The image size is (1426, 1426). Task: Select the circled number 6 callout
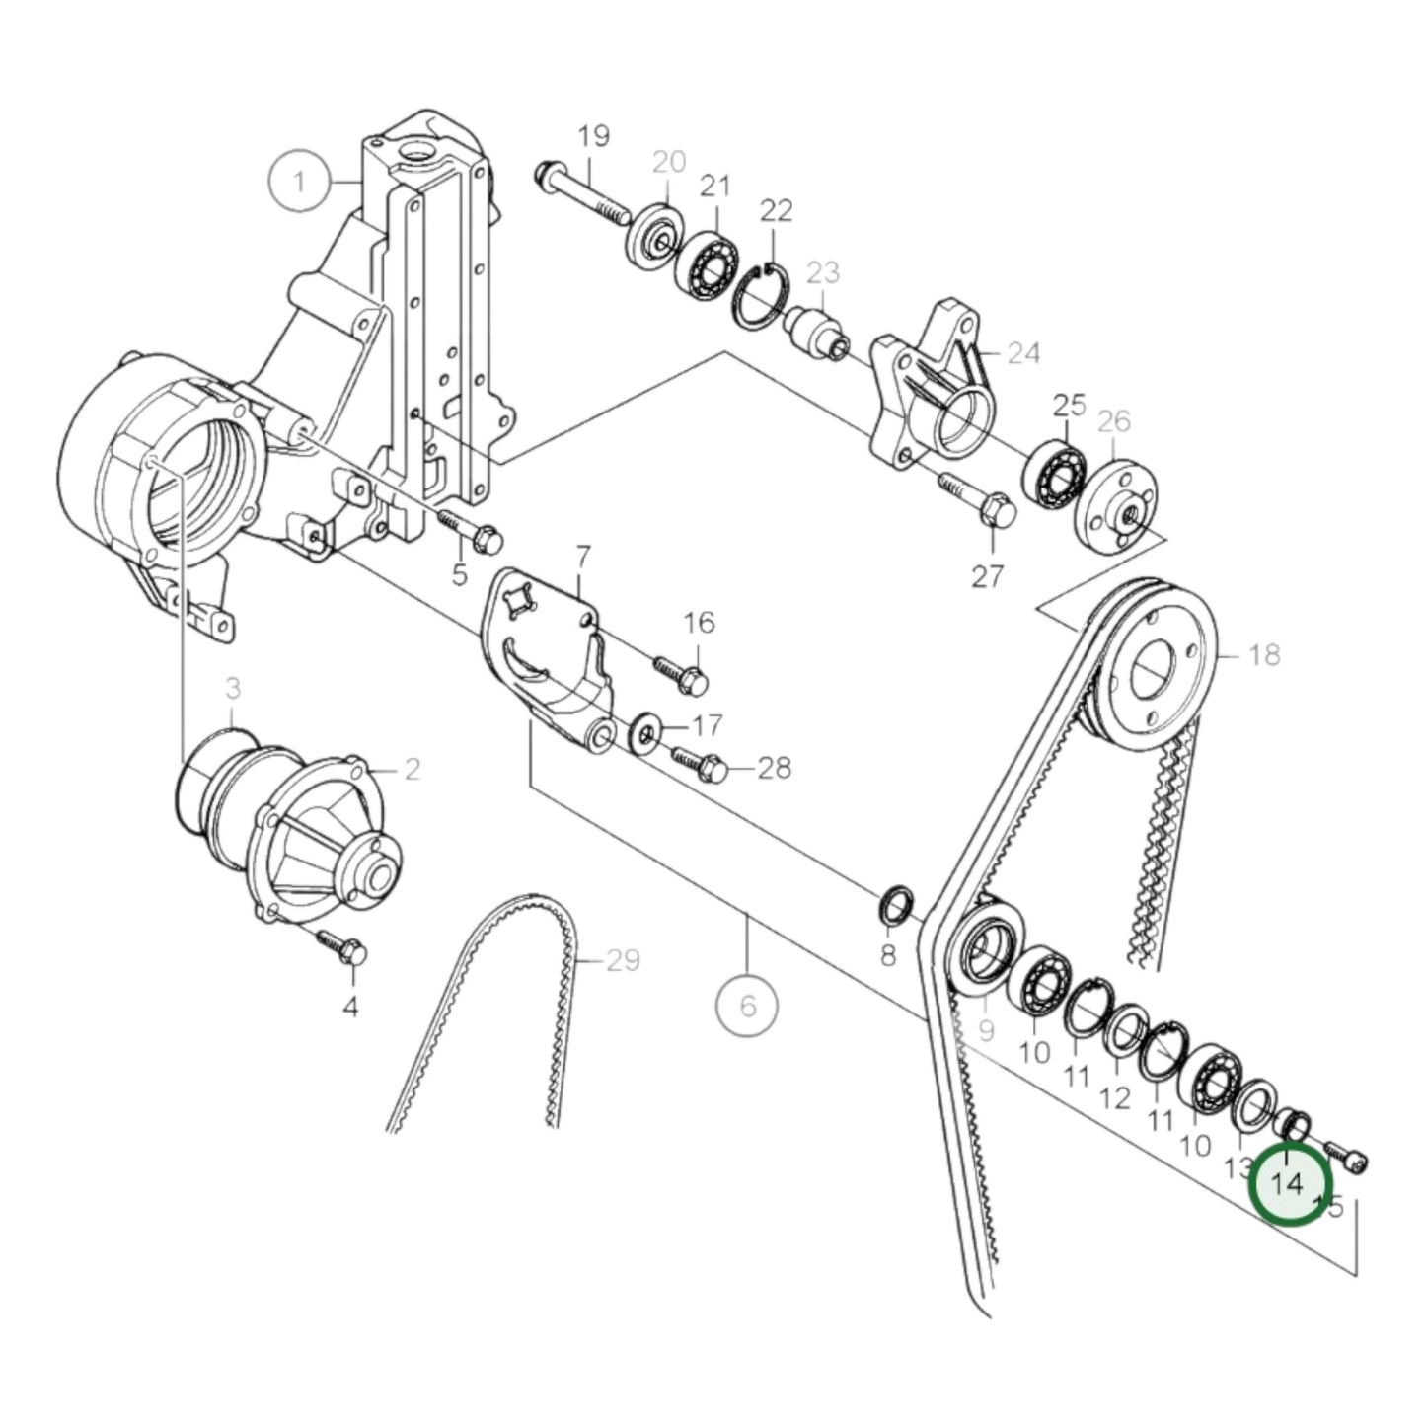747,1006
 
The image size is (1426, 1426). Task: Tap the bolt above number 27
972,497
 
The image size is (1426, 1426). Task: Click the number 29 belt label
623,960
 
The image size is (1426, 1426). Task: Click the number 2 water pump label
411,769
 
